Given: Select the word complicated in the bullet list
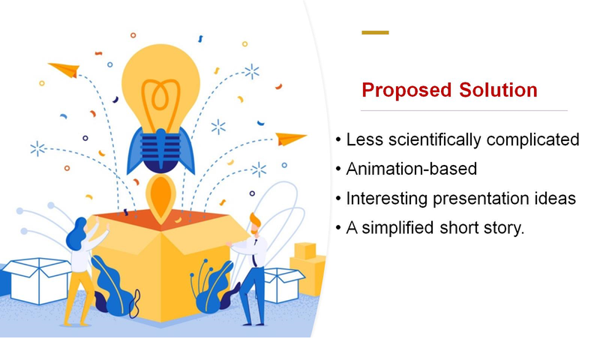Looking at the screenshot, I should pos(533,139).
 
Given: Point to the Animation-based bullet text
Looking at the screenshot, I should pos(411,169).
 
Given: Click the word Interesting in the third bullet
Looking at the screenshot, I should pos(382,198).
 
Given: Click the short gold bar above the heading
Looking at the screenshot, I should pos(375,32).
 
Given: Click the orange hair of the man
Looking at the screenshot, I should pos(255,221).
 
